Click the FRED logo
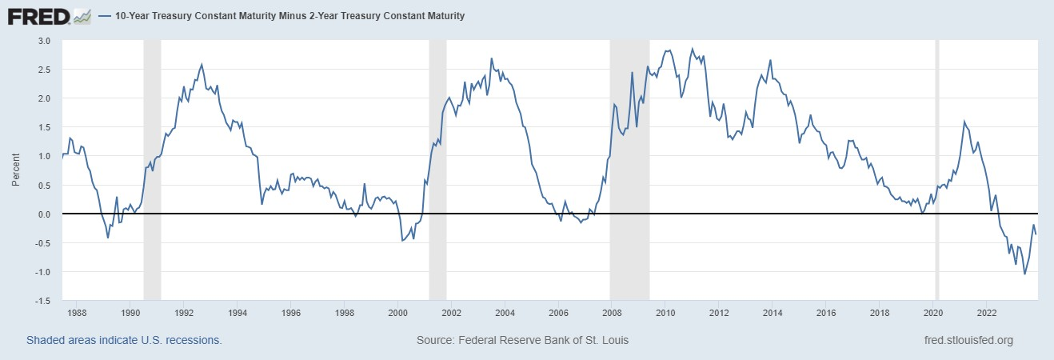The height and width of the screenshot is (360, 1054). click(49, 15)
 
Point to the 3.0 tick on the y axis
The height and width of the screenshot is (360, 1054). click(44, 41)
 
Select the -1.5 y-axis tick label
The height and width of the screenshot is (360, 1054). click(42, 301)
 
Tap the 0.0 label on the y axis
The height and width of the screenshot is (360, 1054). click(44, 214)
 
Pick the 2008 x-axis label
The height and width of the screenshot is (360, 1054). click(613, 313)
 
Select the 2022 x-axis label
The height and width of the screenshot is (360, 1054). click(987, 313)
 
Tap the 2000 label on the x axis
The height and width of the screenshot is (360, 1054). click(398, 313)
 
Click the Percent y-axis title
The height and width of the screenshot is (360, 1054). click(15, 170)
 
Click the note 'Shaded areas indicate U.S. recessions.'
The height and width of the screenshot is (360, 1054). click(124, 340)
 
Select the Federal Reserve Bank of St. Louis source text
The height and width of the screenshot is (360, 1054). click(522, 340)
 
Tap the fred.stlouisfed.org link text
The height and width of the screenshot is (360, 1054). click(968, 340)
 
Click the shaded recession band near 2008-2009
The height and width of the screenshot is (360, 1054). click(629, 170)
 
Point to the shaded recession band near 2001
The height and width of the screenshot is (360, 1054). click(437, 170)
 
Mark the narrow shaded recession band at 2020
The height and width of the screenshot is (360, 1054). click(937, 170)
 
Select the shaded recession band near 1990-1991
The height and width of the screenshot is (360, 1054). click(152, 170)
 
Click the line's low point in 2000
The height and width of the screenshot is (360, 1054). click(401, 241)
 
